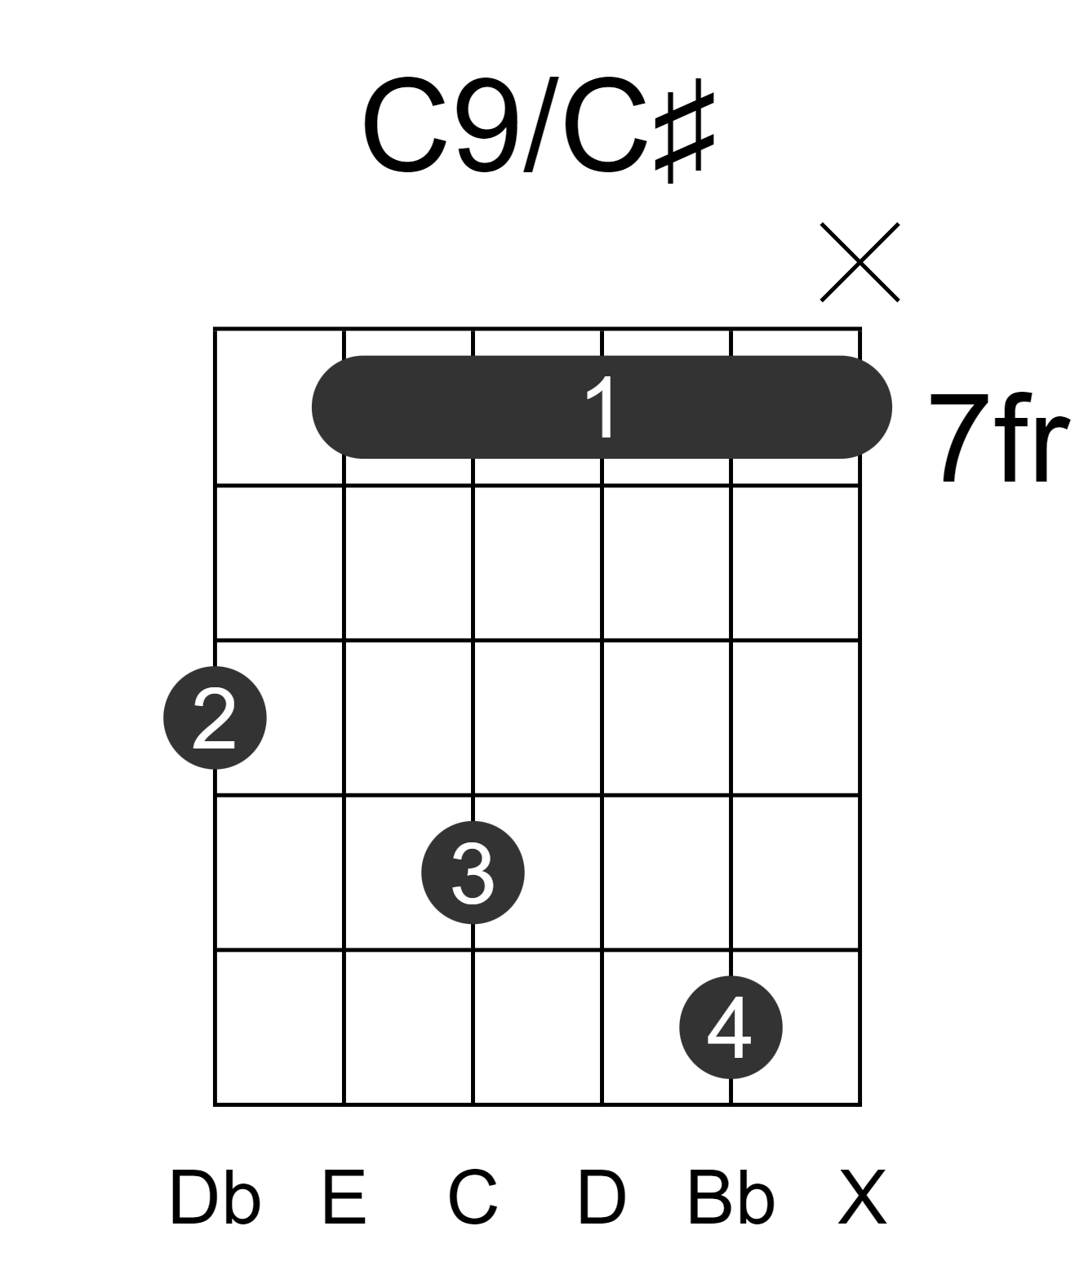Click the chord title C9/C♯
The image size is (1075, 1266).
(x=539, y=129)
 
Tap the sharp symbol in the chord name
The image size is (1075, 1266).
(x=684, y=137)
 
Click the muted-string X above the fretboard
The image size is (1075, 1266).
(x=860, y=262)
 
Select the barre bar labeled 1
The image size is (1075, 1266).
(x=602, y=407)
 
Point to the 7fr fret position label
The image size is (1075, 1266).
(x=1000, y=438)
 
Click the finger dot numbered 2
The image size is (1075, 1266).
(x=215, y=717)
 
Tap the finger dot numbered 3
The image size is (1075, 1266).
(x=473, y=873)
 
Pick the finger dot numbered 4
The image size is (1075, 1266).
(x=731, y=1027)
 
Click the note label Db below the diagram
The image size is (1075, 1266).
(x=215, y=1198)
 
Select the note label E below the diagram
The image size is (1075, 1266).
(x=344, y=1198)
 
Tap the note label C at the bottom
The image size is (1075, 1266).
(x=473, y=1198)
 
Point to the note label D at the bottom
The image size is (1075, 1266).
(x=602, y=1198)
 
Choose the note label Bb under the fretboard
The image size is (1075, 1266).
(x=731, y=1198)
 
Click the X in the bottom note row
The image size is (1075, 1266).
(x=862, y=1198)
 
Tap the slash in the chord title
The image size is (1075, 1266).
(x=541, y=125)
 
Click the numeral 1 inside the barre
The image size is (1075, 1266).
(x=602, y=407)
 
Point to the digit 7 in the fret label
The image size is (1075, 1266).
(x=959, y=438)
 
